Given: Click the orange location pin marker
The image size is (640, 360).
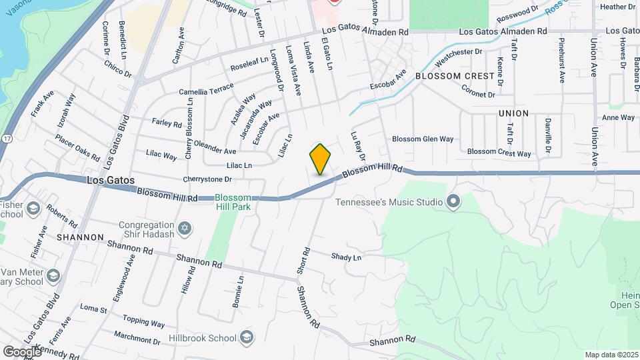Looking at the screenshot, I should pyautogui.click(x=321, y=159).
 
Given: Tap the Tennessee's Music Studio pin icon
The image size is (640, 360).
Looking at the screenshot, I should pyautogui.click(x=454, y=201).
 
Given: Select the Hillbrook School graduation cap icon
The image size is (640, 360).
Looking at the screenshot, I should pyautogui.click(x=247, y=336).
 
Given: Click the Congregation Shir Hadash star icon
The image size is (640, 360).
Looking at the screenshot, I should pyautogui.click(x=185, y=229).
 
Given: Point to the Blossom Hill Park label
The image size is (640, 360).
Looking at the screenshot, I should pyautogui.click(x=233, y=202).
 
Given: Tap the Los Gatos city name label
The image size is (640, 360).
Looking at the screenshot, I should pyautogui.click(x=110, y=181).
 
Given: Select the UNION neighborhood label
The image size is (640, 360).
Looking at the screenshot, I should pyautogui.click(x=513, y=114).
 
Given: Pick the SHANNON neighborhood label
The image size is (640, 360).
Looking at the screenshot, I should pyautogui.click(x=80, y=237).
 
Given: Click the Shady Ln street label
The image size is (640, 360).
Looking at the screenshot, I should pyautogui.click(x=346, y=257).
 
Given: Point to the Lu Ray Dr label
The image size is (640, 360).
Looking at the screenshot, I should pyautogui.click(x=357, y=146).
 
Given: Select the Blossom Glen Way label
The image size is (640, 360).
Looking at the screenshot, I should pyautogui.click(x=423, y=139).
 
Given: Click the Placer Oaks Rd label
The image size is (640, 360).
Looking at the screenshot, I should pyautogui.click(x=77, y=152).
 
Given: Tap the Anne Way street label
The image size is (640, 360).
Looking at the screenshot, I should pyautogui.click(x=618, y=118).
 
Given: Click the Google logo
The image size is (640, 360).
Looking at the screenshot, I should pyautogui.click(x=22, y=351).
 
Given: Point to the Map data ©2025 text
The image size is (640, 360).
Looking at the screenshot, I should pyautogui.click(x=611, y=355).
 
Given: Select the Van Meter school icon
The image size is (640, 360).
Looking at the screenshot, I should pyautogui.click(x=53, y=275).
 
